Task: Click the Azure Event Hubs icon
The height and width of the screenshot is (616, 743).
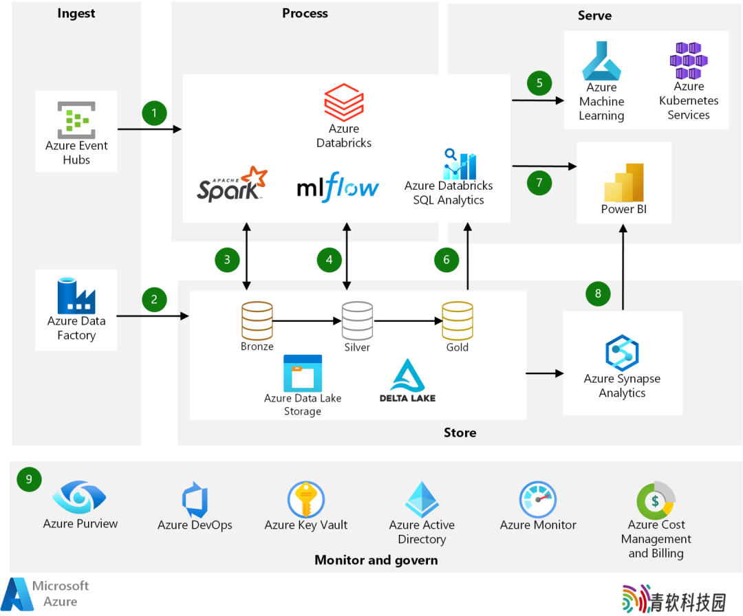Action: click(x=76, y=120)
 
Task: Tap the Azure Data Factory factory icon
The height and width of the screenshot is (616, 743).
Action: click(x=76, y=296)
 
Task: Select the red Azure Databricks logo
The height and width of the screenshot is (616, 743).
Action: click(x=344, y=102)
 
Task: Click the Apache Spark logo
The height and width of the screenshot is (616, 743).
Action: click(x=233, y=184)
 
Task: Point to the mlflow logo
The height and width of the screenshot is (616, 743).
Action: click(x=338, y=187)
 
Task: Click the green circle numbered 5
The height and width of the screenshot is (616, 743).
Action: click(x=539, y=83)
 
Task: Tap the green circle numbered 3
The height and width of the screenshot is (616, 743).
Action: click(x=227, y=259)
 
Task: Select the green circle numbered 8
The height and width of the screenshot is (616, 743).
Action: click(x=598, y=294)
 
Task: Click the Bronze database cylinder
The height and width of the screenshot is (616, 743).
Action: click(x=257, y=320)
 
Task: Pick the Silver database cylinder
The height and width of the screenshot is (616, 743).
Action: click(x=357, y=320)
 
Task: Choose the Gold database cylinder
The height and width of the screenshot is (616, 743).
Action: click(x=457, y=320)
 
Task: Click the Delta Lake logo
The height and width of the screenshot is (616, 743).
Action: click(x=407, y=380)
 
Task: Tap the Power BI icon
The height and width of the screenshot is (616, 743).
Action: click(x=623, y=183)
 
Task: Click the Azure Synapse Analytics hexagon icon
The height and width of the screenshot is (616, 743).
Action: click(x=622, y=352)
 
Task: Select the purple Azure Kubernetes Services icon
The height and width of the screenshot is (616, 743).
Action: click(x=689, y=60)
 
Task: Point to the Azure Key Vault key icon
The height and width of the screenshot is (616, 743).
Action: click(x=306, y=500)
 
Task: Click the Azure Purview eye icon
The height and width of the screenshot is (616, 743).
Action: click(x=80, y=497)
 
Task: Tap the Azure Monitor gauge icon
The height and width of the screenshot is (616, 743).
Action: click(x=538, y=500)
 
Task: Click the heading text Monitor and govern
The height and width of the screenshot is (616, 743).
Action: click(x=376, y=560)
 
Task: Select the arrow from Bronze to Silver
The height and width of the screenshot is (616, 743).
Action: click(x=307, y=321)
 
